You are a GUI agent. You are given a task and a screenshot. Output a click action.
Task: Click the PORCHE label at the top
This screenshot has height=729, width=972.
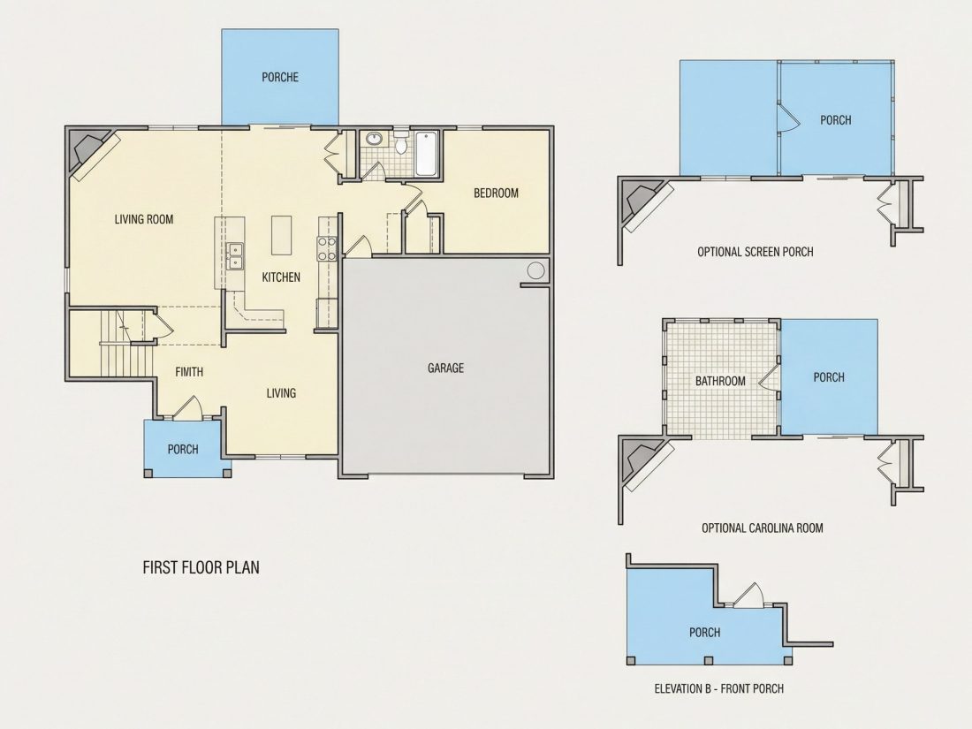[x=280, y=78]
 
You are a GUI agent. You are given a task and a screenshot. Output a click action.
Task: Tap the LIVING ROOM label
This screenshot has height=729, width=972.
[x=144, y=219]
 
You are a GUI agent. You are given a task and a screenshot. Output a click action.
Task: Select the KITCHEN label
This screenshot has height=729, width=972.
[x=281, y=277]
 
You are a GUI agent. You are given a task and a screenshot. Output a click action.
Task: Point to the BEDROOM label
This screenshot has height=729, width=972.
[x=496, y=193]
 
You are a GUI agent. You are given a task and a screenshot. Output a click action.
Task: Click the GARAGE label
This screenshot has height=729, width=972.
[x=445, y=368]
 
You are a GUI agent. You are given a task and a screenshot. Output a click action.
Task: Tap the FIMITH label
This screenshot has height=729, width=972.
[x=189, y=372]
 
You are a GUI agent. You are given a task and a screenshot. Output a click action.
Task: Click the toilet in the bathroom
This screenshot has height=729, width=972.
[x=401, y=142]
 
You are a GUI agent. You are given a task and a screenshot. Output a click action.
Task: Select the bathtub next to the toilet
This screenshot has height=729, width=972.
[x=427, y=153]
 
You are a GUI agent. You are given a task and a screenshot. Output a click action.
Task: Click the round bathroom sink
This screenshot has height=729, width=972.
[x=374, y=138]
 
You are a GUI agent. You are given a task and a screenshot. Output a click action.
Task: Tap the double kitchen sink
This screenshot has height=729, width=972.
[x=236, y=256]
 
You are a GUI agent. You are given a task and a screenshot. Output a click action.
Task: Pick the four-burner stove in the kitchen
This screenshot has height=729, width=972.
[x=327, y=248]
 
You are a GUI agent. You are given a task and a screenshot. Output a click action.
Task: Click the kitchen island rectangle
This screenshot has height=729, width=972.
[x=281, y=235]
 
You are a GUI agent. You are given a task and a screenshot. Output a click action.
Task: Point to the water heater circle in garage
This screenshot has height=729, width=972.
[x=535, y=270]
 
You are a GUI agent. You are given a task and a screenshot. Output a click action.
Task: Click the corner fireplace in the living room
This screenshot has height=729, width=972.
[x=90, y=153]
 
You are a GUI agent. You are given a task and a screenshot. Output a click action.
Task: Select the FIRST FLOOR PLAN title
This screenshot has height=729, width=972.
[x=201, y=567]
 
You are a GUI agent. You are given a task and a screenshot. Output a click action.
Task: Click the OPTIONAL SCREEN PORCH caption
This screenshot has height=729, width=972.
[x=755, y=252]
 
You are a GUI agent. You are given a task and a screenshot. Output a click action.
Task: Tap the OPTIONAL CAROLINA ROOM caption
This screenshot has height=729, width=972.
[x=763, y=528]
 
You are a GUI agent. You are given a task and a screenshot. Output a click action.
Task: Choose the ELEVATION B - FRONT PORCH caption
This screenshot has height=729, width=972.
[x=719, y=688]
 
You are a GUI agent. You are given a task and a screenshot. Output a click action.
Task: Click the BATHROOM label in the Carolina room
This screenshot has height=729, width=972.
[x=720, y=381]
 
